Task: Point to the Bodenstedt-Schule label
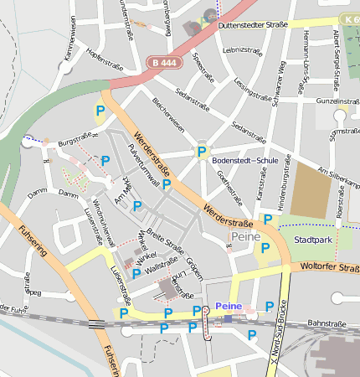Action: coord(244,159)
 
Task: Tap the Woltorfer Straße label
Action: coord(328,269)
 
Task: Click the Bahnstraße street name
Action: coord(327,323)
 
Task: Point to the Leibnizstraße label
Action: coord(244,50)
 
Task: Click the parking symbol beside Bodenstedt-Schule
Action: coord(201,152)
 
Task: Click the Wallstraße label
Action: coord(162,267)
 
